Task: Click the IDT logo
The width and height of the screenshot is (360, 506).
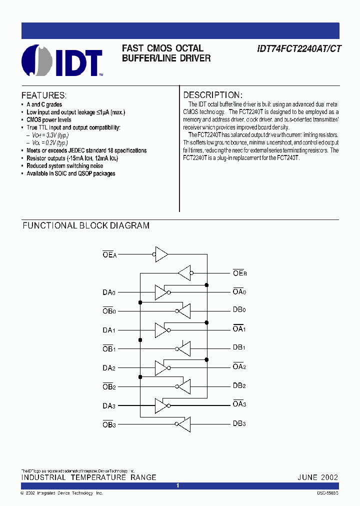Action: click(62, 60)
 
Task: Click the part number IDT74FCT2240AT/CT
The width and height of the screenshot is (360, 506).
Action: click(299, 49)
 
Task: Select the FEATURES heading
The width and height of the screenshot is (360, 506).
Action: click(44, 95)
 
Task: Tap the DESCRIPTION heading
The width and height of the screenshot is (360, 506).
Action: click(213, 95)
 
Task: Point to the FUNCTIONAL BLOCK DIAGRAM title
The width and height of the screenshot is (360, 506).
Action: click(86, 225)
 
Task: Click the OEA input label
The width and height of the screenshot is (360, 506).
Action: click(109, 254)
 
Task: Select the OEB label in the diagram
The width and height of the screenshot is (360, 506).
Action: click(239, 273)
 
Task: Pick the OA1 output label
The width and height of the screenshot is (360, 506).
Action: click(239, 329)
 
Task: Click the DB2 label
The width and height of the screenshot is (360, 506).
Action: click(239, 385)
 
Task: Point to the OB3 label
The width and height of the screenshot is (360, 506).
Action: click(109, 424)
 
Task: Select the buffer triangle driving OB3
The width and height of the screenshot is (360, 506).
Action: click(183, 424)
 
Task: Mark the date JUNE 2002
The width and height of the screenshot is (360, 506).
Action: click(318, 477)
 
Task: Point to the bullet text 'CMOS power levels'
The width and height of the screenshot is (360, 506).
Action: click(49, 120)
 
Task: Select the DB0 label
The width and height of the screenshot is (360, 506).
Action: click(239, 310)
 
